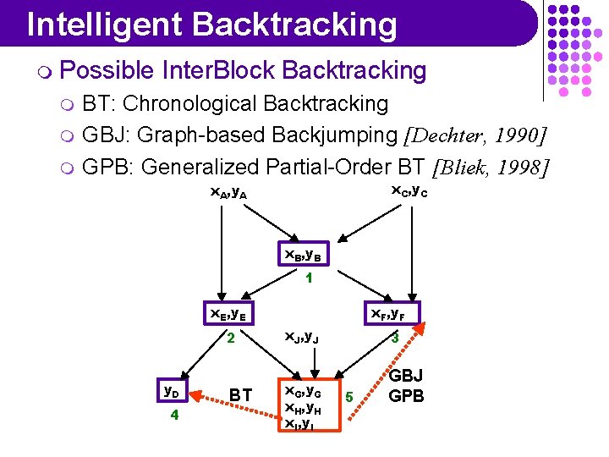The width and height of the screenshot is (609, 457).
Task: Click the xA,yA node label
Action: tap(228, 192)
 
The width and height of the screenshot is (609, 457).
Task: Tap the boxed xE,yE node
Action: tap(228, 313)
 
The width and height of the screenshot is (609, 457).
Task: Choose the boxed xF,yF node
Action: tap(390, 313)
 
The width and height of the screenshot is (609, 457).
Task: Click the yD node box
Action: tap(173, 391)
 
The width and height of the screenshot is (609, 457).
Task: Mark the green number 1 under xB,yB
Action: tap(310, 277)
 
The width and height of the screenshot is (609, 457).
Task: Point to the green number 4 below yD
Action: tap(173, 416)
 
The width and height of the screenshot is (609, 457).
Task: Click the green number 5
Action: tap(350, 395)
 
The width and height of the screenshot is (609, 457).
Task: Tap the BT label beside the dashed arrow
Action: tap(240, 395)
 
